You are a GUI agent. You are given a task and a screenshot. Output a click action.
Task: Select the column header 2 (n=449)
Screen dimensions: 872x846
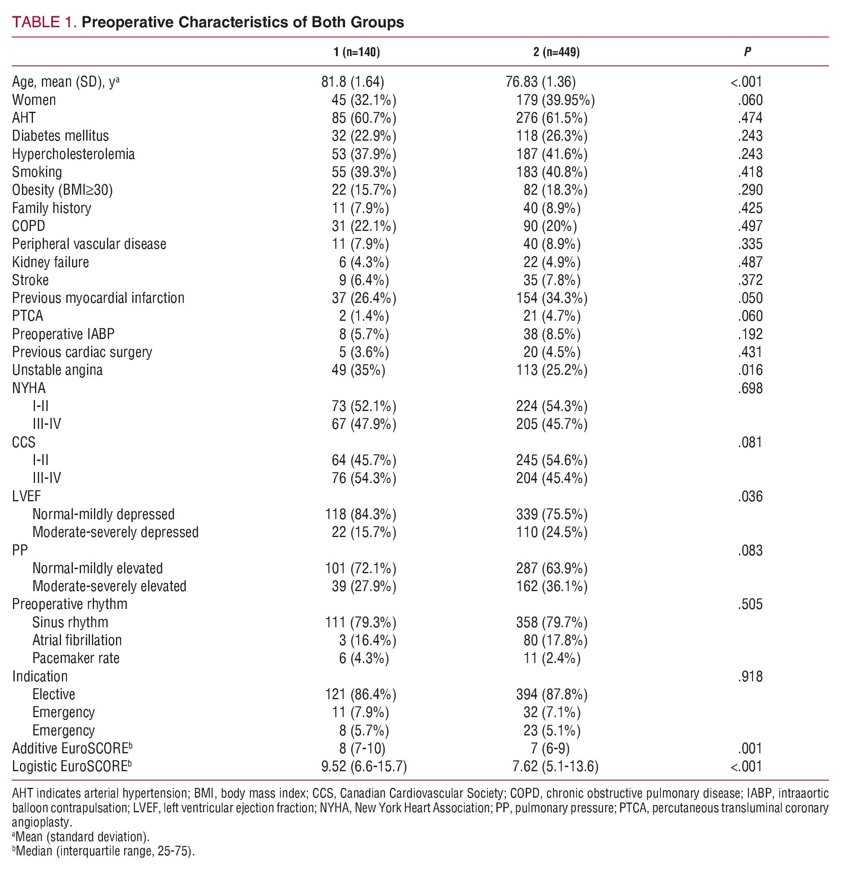coord(556,52)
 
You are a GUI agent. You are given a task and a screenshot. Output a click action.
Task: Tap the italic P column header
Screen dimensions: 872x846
coord(747,52)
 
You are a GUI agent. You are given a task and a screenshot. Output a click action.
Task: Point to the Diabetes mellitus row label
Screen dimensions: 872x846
coord(60,136)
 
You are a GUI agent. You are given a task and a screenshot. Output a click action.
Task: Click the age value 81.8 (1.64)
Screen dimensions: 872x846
coord(353,82)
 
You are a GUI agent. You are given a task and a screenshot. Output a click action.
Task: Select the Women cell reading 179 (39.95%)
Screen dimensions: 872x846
coord(555,100)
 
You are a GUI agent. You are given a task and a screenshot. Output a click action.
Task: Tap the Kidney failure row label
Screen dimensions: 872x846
coord(50,262)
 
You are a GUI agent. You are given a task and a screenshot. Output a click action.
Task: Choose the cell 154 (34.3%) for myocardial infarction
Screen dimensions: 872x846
coord(552,298)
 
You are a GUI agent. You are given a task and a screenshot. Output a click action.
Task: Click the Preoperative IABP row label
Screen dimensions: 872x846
coord(63,334)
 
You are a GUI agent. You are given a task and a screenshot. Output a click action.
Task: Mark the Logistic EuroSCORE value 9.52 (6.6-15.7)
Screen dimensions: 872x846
coord(364,767)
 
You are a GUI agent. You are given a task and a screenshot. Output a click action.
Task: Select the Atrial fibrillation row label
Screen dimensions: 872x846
coord(77,640)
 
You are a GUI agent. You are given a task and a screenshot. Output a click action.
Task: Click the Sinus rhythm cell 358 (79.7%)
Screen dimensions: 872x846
coord(552,622)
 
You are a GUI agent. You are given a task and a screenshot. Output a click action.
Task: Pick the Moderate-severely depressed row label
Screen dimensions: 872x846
coord(115,532)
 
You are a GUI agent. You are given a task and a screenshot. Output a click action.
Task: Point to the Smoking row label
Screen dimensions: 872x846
coord(37,172)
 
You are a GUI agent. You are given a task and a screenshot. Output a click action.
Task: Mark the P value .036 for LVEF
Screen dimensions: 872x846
coord(750,496)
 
